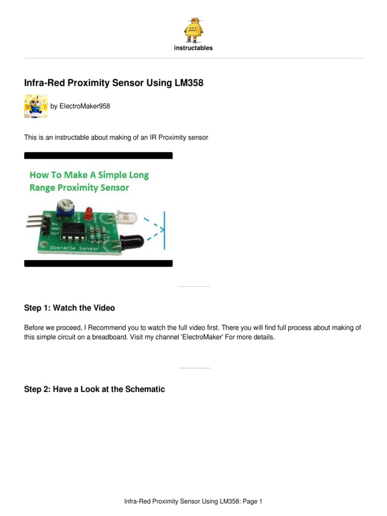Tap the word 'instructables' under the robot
pos(193,48)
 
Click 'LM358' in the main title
pos(187,83)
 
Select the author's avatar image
pos(36,106)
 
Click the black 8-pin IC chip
pos(77,232)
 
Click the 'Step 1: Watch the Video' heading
pos(70,307)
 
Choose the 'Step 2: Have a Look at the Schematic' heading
pos(94,390)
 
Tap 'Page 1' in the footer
pos(252,501)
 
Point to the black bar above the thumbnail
pos(98,156)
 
